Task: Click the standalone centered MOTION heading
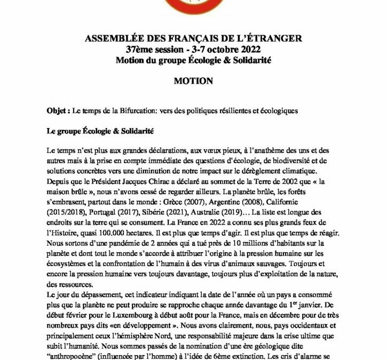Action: tap(193, 82)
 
